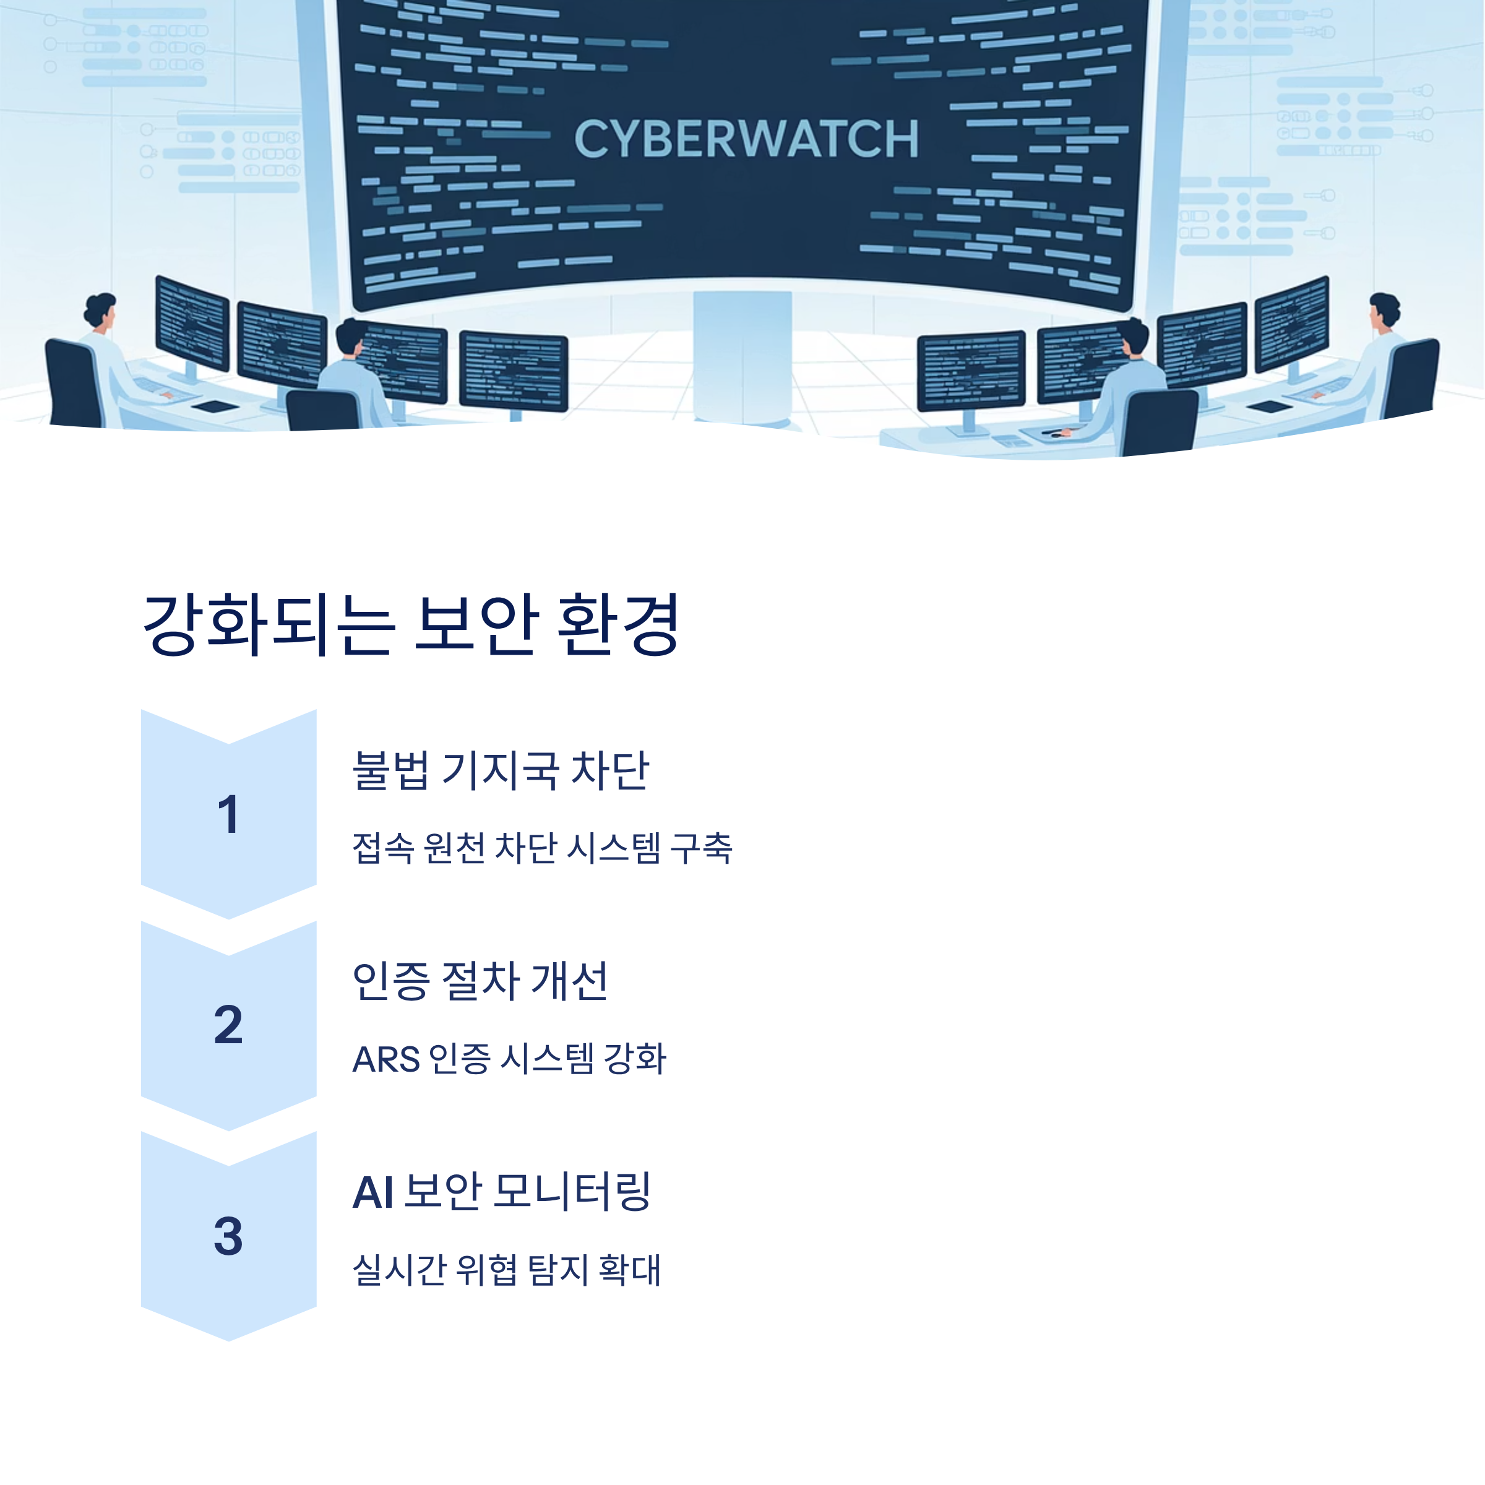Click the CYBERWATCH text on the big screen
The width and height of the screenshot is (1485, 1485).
click(x=746, y=139)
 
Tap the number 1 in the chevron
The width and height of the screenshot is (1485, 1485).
click(x=228, y=815)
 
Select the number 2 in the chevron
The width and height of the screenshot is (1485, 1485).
click(x=228, y=1025)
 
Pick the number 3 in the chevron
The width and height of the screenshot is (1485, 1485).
click(x=228, y=1236)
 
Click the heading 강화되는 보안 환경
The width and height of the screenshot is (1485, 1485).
click(x=411, y=624)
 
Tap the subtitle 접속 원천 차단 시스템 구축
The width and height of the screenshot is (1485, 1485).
click(x=542, y=848)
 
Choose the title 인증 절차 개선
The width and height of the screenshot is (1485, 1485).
click(x=480, y=981)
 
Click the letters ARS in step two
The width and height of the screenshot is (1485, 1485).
click(x=386, y=1059)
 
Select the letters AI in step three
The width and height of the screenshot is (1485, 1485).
click(x=372, y=1193)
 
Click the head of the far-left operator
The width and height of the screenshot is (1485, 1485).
click(x=99, y=309)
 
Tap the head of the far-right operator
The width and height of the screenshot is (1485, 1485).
click(x=1384, y=309)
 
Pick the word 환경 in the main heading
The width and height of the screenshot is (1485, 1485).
click(x=618, y=624)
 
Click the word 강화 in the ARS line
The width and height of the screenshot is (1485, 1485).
click(x=635, y=1059)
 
